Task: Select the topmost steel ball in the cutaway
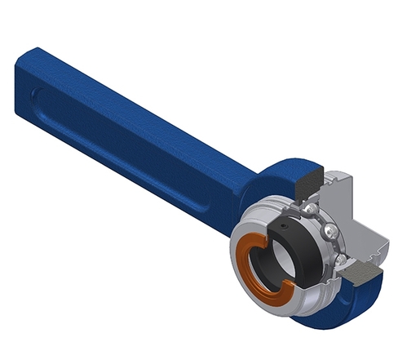pyautogui.click(x=313, y=211)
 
